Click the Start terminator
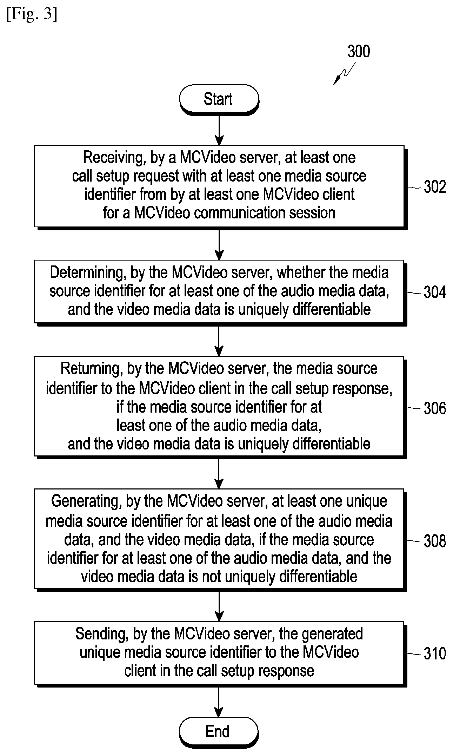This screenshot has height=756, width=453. (x=219, y=99)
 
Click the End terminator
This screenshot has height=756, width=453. (x=219, y=731)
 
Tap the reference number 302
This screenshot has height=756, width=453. (x=435, y=187)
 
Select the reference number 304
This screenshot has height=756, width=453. (x=435, y=292)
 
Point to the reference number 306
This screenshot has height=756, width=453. (x=435, y=408)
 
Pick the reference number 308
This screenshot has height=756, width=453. (x=435, y=541)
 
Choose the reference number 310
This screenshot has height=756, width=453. (x=435, y=653)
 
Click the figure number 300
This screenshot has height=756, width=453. (x=359, y=52)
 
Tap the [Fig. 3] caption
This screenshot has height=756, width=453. (x=32, y=14)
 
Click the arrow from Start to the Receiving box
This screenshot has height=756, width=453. (x=219, y=130)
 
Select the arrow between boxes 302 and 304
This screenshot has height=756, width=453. (x=219, y=245)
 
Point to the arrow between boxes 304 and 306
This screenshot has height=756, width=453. (x=219, y=341)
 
